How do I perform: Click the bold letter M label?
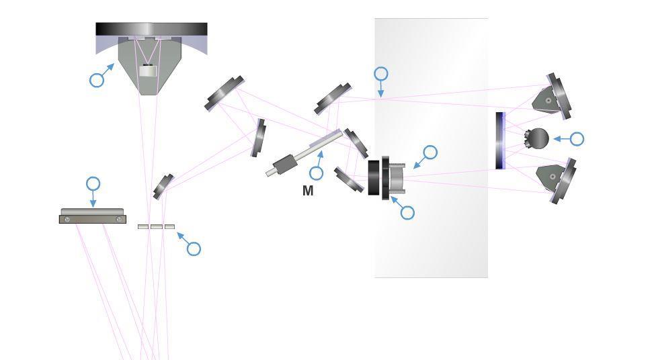(308, 191)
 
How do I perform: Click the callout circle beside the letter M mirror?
(316, 173)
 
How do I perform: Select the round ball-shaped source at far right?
(538, 138)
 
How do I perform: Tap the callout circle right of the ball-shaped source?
(577, 139)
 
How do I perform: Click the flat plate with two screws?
(93, 216)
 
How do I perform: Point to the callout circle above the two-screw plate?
(93, 183)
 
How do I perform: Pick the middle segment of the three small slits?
(156, 226)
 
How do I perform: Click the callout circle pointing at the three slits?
(194, 249)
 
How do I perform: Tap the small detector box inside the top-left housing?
(148, 70)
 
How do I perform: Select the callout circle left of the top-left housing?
(97, 80)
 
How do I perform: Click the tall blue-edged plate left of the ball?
(500, 140)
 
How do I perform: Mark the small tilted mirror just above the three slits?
(163, 186)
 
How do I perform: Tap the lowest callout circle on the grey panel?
(407, 213)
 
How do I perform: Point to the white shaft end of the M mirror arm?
(270, 173)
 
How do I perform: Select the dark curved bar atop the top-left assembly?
(151, 30)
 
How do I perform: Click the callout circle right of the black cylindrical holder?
(430, 152)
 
